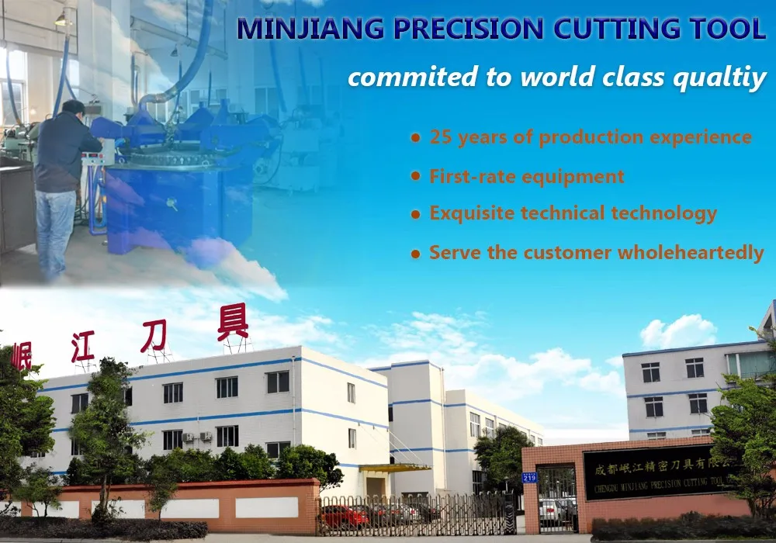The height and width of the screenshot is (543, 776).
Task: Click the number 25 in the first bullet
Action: (x=441, y=138)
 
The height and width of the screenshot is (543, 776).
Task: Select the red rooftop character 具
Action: (x=233, y=322)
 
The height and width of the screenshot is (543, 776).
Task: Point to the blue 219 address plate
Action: (x=529, y=477)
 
